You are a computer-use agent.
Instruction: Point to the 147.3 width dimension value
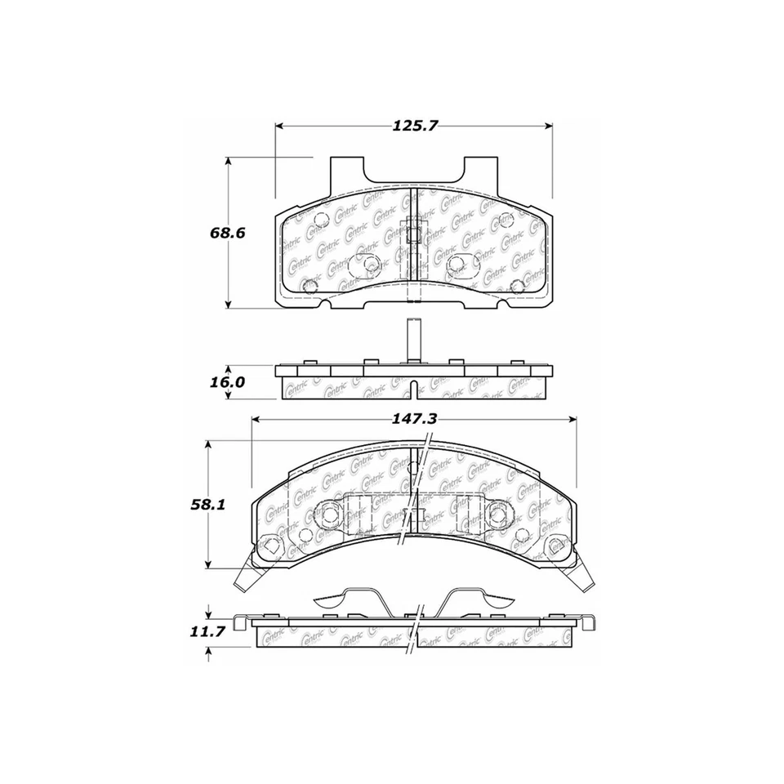[x=416, y=418]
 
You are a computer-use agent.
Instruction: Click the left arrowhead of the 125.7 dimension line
[x=279, y=126]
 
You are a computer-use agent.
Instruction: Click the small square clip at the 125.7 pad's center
[x=414, y=234]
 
